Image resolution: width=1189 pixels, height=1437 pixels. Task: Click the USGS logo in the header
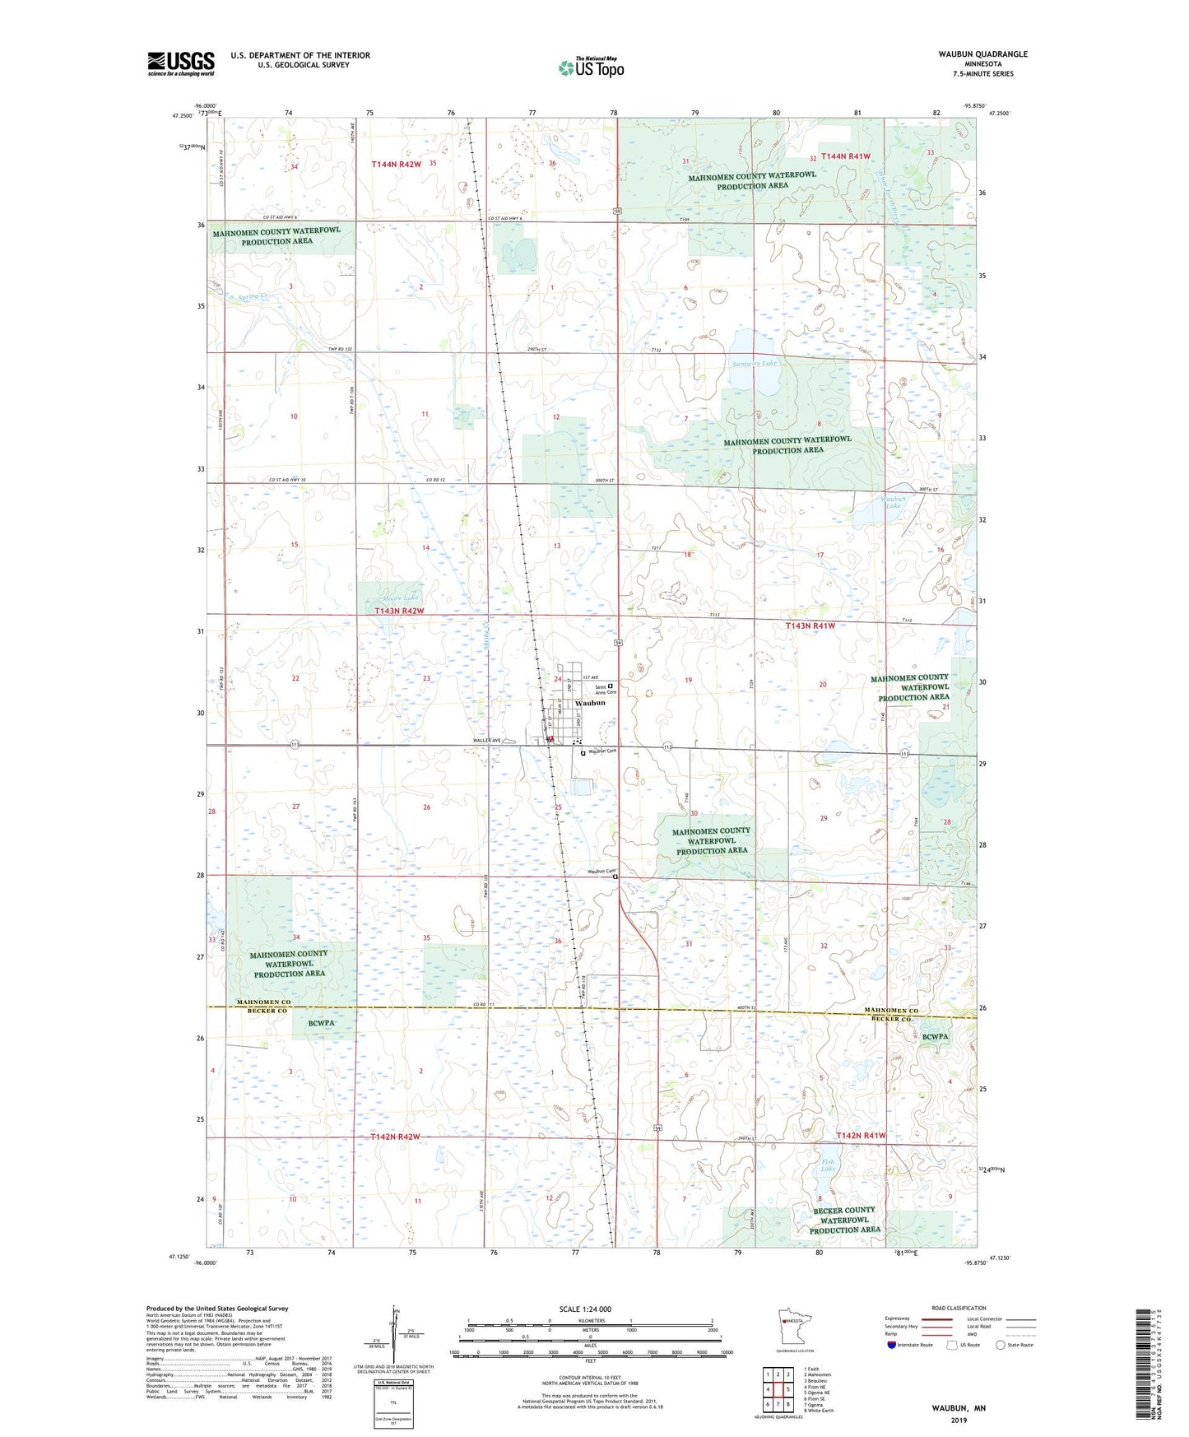(x=180, y=63)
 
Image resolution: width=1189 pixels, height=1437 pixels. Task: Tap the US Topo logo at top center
(x=591, y=67)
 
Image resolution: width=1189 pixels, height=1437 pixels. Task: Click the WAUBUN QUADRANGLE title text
(x=982, y=54)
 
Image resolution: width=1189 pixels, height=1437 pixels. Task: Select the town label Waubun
(x=590, y=703)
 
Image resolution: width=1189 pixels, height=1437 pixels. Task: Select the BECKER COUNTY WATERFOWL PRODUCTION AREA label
(x=844, y=1220)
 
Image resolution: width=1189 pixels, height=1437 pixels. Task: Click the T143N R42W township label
(x=399, y=612)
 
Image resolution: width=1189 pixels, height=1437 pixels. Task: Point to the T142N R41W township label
(x=861, y=1136)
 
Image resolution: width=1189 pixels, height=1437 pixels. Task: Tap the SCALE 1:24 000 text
(x=585, y=1309)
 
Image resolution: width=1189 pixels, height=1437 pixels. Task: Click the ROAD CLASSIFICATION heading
(x=959, y=1308)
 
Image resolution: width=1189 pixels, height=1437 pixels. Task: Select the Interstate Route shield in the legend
(x=892, y=1345)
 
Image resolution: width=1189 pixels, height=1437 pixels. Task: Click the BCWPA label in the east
(x=935, y=1037)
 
